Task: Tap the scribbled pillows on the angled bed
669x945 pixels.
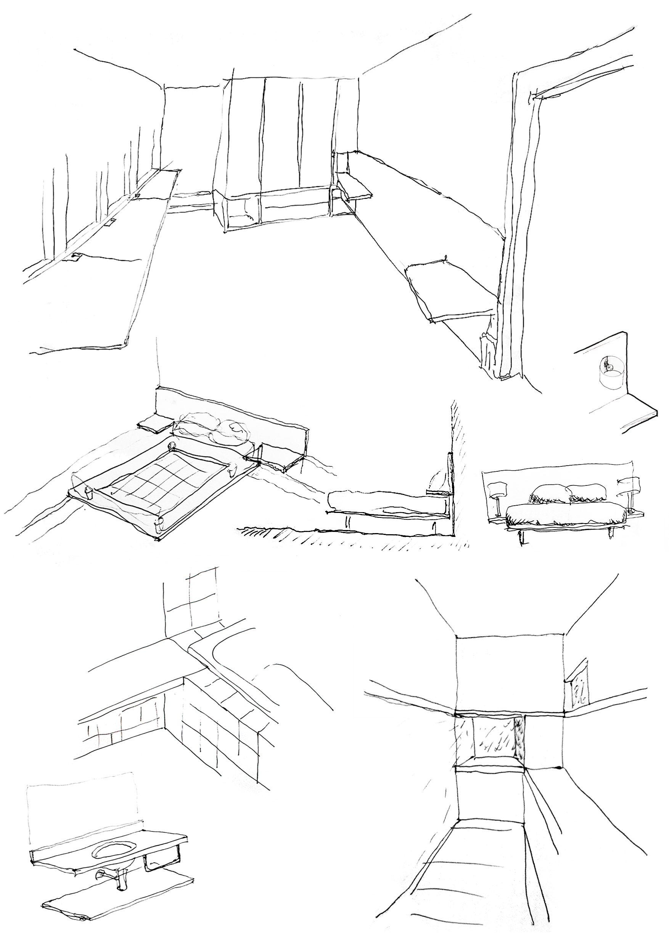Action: point(214,430)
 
